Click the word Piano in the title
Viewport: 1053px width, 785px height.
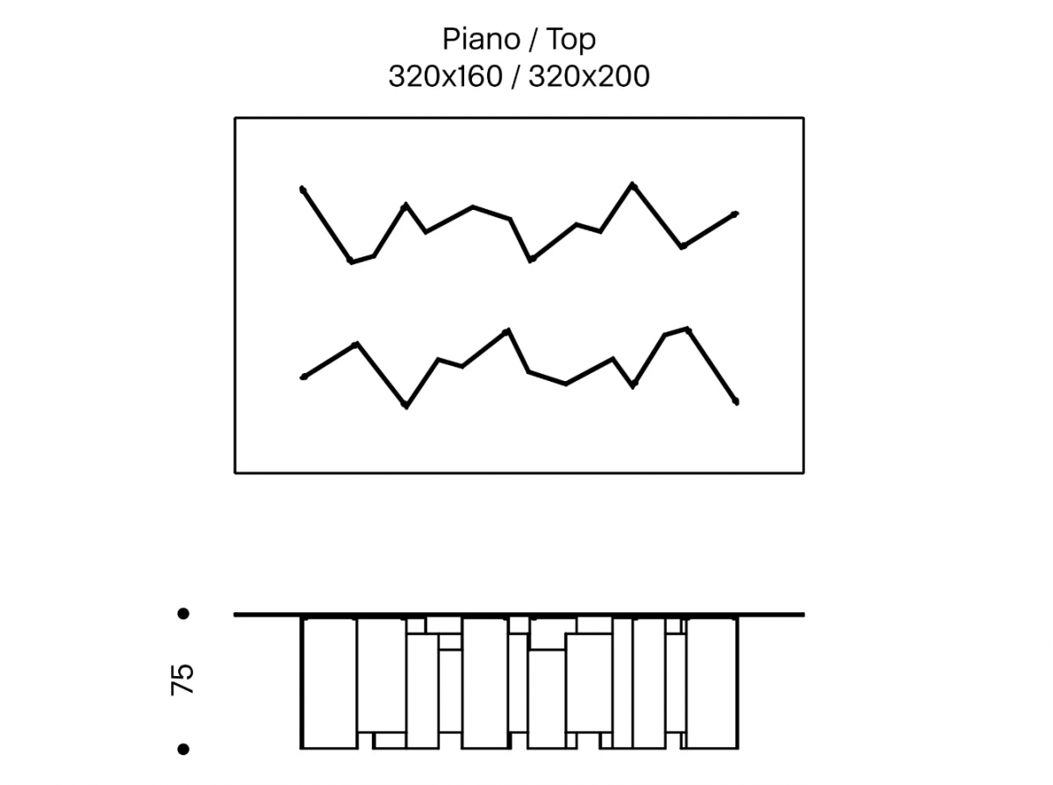[x=481, y=39]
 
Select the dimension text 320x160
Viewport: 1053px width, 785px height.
[x=445, y=76]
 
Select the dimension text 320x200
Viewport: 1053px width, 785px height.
[x=589, y=76]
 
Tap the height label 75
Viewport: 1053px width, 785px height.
[x=183, y=680]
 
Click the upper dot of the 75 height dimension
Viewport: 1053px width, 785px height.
[x=183, y=614]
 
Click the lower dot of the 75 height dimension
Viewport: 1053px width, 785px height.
[x=183, y=749]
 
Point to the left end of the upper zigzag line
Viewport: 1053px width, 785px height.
[x=303, y=190]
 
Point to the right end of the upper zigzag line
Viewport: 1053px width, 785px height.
[x=735, y=214]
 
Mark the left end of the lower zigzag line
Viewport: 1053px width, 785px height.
[x=304, y=378]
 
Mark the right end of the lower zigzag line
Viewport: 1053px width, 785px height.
[x=736, y=402]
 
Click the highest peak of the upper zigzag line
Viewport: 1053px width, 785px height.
[x=633, y=184]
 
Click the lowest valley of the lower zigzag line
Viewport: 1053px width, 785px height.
[x=406, y=406]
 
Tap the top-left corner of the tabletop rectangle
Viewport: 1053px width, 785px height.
[x=235, y=119]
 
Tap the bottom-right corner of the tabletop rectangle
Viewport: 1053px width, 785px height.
[x=803, y=472]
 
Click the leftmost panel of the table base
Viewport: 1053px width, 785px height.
[x=329, y=683]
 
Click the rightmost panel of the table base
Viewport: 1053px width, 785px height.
[x=713, y=683]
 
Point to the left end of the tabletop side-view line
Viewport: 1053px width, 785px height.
[x=235, y=615]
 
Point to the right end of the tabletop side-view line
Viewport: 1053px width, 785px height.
[x=803, y=615]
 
